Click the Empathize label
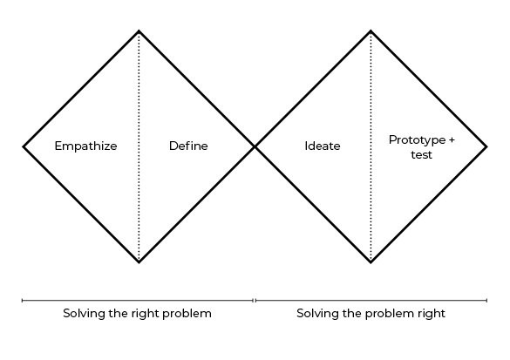coord(85,146)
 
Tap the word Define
coord(188,146)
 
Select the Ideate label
coord(323,146)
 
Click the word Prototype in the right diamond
coord(417,140)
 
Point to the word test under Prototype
coord(422,154)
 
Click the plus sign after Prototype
coord(452,140)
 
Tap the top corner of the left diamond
coord(139,31)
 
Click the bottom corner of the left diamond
coord(139,262)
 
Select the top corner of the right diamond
coord(371,31)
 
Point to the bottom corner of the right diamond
coord(371,262)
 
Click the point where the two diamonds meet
coord(255,146)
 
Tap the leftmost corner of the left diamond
coord(24,146)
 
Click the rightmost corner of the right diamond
coord(486,146)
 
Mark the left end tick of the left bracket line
coord(22,300)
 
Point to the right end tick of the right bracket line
coord(486,300)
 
